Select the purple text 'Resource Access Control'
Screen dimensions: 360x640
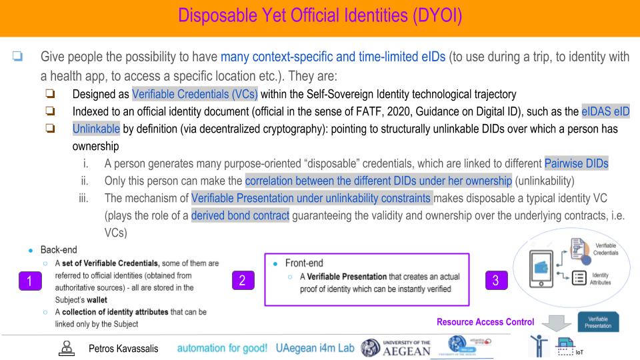485,322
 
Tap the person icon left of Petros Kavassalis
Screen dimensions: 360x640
66,347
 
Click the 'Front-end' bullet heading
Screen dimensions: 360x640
305,263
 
